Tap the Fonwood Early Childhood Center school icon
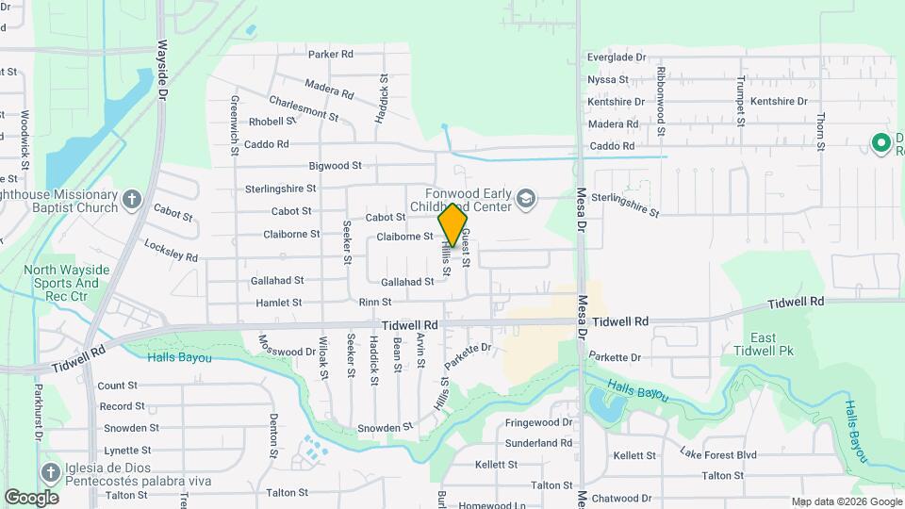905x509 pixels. pyautogui.click(x=525, y=200)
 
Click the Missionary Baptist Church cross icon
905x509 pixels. pyautogui.click(x=131, y=200)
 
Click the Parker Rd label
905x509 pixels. pyautogui.click(x=330, y=55)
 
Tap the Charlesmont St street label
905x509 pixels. pyautogui.click(x=304, y=107)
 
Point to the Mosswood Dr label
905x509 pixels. pyautogui.click(x=287, y=346)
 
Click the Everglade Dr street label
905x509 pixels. pyautogui.click(x=617, y=57)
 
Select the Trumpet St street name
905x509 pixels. pyautogui.click(x=742, y=101)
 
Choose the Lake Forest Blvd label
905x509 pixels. pyautogui.click(x=718, y=454)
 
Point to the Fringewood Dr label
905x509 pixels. pyautogui.click(x=538, y=423)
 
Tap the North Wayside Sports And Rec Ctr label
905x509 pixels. pyautogui.click(x=67, y=283)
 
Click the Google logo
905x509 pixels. pyautogui.click(x=31, y=497)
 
